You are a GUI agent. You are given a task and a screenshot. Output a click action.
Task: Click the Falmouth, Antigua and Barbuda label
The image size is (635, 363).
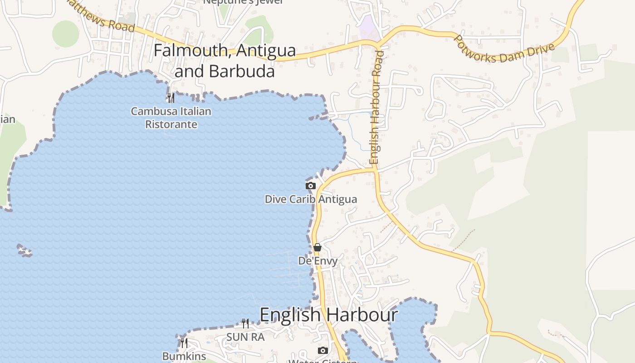225,60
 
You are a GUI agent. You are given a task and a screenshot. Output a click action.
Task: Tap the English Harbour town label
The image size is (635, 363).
329,314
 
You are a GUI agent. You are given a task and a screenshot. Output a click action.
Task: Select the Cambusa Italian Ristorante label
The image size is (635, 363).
171,118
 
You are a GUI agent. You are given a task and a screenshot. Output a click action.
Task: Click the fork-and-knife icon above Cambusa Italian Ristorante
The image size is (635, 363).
171,98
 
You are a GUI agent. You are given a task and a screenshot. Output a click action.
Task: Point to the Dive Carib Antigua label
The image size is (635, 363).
311,199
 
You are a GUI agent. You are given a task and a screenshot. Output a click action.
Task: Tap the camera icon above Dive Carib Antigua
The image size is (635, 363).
311,186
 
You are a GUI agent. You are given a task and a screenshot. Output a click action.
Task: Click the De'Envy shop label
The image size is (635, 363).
317,261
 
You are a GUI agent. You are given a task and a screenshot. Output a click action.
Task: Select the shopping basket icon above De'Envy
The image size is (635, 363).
317,247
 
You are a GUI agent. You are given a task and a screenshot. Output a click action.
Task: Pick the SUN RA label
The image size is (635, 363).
245,337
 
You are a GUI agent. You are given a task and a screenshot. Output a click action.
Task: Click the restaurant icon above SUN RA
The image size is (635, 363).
245,323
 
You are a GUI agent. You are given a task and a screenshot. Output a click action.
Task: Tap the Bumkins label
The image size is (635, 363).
184,357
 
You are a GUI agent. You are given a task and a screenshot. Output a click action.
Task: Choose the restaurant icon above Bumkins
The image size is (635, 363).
184,343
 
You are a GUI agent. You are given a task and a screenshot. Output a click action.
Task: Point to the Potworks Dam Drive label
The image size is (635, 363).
504,49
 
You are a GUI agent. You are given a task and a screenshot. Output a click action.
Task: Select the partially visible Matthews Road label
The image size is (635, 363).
102,17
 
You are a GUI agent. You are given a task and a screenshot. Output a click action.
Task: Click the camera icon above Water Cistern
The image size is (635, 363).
323,350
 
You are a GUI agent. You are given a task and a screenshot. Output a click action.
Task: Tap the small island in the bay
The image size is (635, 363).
24,250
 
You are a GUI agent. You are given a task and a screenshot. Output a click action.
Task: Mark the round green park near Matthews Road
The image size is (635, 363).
65,33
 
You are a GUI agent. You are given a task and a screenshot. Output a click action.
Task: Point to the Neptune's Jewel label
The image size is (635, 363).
243,2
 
